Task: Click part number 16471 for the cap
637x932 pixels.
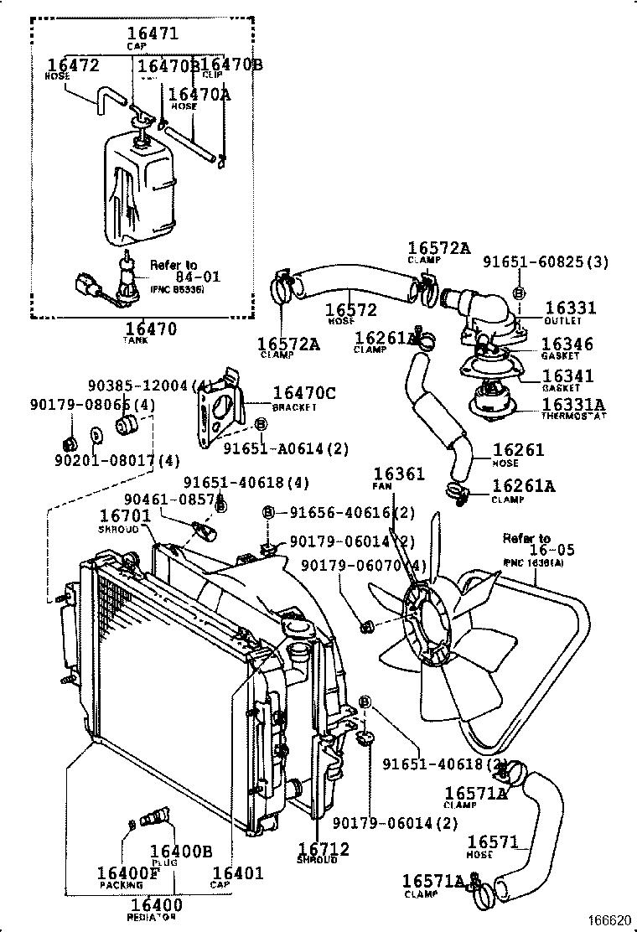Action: [x=157, y=34]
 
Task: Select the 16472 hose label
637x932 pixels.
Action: [x=73, y=65]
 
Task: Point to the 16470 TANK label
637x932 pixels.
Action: [x=152, y=329]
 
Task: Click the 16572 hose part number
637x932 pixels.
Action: [x=350, y=311]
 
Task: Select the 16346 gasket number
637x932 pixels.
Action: [x=567, y=344]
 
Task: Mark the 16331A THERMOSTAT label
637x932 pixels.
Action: [x=573, y=405]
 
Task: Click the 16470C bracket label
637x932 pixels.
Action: [x=304, y=392]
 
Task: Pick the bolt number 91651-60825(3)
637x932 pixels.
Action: [x=546, y=262]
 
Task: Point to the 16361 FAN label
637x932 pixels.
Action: [x=399, y=474]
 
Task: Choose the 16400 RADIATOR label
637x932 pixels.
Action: [x=156, y=905]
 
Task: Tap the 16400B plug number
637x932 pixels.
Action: [x=180, y=852]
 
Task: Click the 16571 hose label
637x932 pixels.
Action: [x=495, y=842]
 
